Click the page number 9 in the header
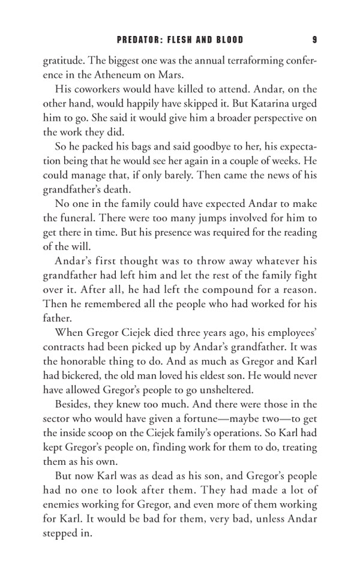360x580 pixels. (x=315, y=40)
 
